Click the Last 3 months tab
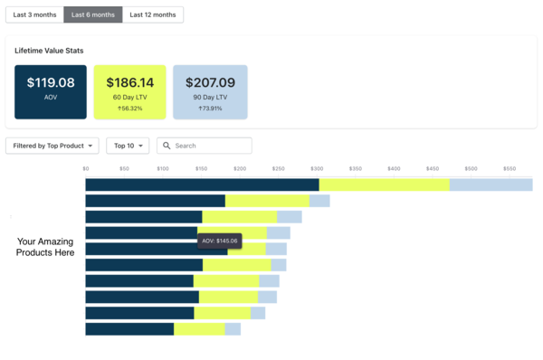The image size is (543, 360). tap(34, 14)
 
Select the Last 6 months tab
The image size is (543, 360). tap(93, 14)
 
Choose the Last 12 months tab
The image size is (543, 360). tap(153, 14)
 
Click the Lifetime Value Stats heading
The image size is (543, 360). tap(55, 51)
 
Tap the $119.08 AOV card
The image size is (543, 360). tap(51, 91)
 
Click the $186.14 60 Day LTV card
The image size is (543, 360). tap(129, 91)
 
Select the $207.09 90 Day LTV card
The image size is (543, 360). tap(210, 91)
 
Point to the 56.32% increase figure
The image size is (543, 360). tap(130, 108)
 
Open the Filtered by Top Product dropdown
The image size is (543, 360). tap(52, 146)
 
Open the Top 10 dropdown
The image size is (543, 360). tap(128, 146)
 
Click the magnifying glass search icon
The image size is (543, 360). tap(167, 146)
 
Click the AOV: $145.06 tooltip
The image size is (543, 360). tap(220, 241)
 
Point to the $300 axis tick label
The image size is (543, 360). tap(316, 168)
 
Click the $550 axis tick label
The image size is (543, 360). tap(510, 168)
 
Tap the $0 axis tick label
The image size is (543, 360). tap(86, 168)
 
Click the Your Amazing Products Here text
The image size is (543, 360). tap(45, 247)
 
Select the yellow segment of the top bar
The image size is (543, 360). tap(384, 185)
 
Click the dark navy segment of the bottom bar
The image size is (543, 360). tap(129, 329)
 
